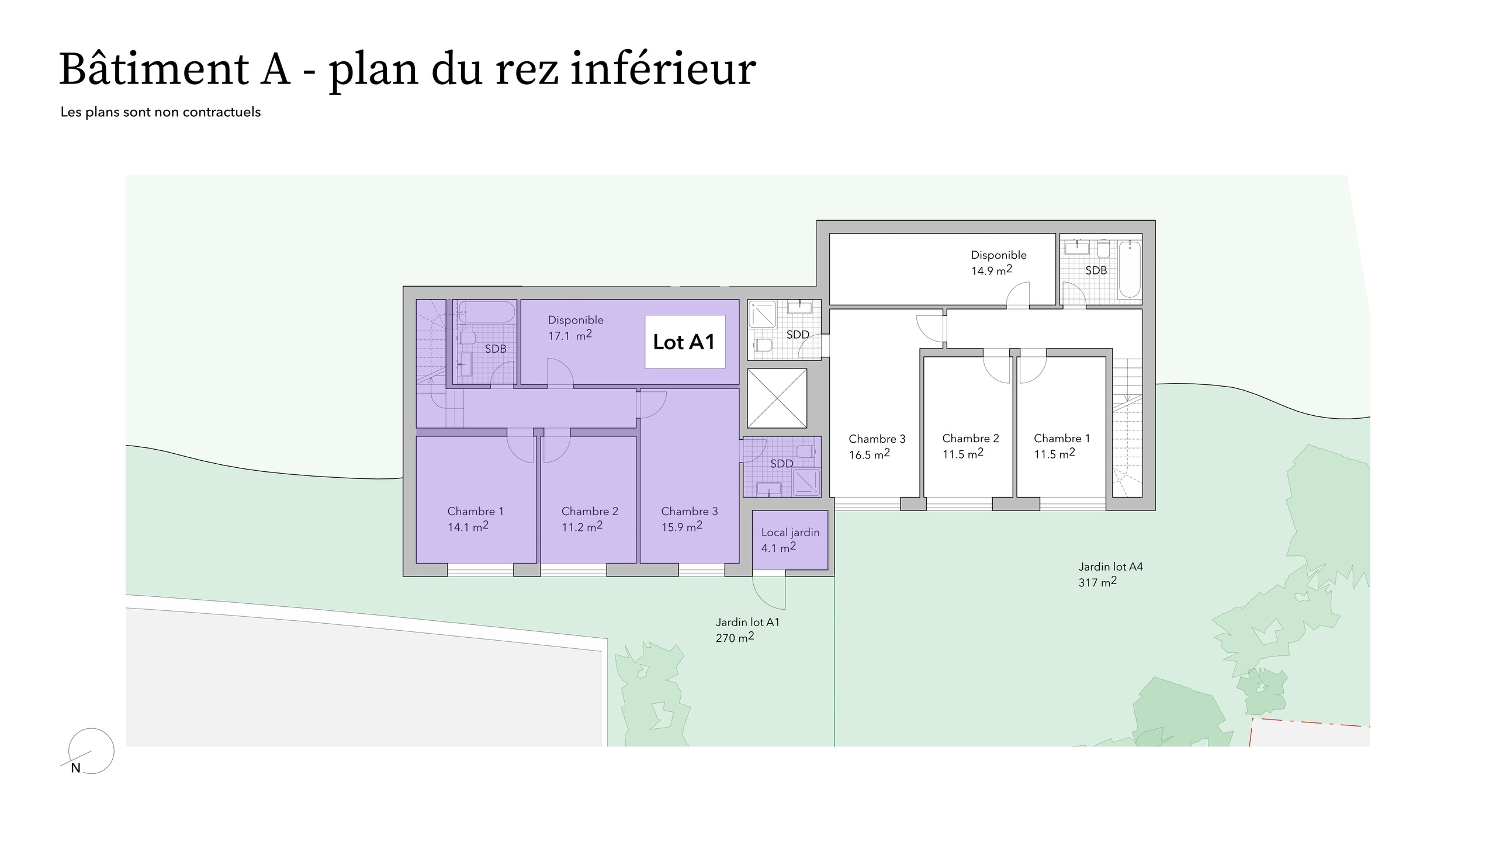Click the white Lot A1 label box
click(685, 342)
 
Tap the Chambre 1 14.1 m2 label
click(475, 519)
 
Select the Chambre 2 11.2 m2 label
click(590, 519)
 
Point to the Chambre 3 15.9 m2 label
click(690, 519)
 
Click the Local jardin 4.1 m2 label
click(790, 540)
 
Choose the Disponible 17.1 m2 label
click(576, 328)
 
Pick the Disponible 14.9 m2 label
click(999, 263)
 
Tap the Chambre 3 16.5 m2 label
click(877, 446)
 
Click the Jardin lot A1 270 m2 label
click(747, 630)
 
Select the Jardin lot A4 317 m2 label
click(1110, 574)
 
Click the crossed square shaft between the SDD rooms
click(777, 398)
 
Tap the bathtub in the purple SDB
click(486, 311)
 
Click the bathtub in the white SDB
click(1129, 269)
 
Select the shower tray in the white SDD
click(762, 315)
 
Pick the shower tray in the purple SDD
click(806, 482)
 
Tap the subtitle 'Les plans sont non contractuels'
click(161, 112)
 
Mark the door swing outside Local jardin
click(769, 593)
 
